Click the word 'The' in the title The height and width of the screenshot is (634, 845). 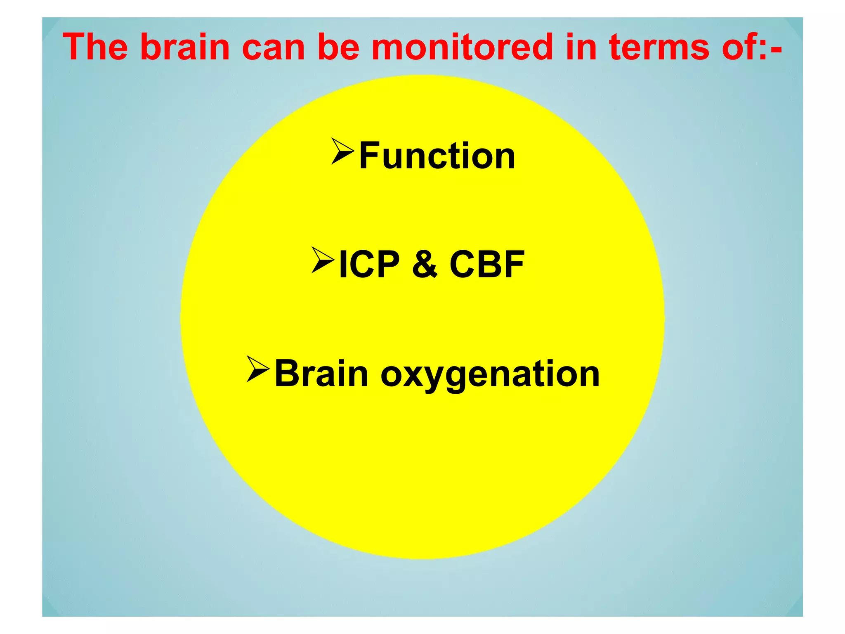pos(95,47)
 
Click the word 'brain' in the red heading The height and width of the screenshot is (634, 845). pos(185,47)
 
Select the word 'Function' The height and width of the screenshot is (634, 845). pos(437,156)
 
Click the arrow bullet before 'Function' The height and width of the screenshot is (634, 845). pos(342,151)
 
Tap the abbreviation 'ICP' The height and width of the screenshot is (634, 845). pos(369,265)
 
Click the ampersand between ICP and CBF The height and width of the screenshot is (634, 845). pos(425,265)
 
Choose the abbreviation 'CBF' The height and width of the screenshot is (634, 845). pos(487,265)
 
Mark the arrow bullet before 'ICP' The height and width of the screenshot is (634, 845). pos(323,260)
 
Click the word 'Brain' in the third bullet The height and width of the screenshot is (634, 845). pos(321,374)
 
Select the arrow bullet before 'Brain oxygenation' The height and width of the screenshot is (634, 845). pos(258,369)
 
